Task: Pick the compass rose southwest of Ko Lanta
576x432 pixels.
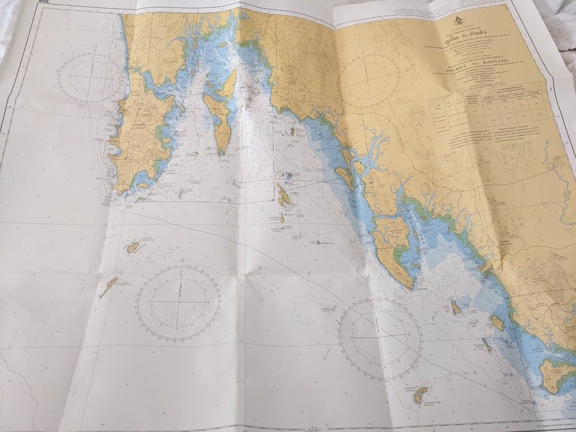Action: [x=380, y=339]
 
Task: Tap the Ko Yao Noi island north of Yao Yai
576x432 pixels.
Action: [x=228, y=84]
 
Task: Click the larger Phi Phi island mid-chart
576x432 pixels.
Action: [x=283, y=196]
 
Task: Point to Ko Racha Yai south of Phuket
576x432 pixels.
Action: [x=132, y=247]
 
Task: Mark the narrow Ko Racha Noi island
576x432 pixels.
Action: [x=108, y=287]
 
